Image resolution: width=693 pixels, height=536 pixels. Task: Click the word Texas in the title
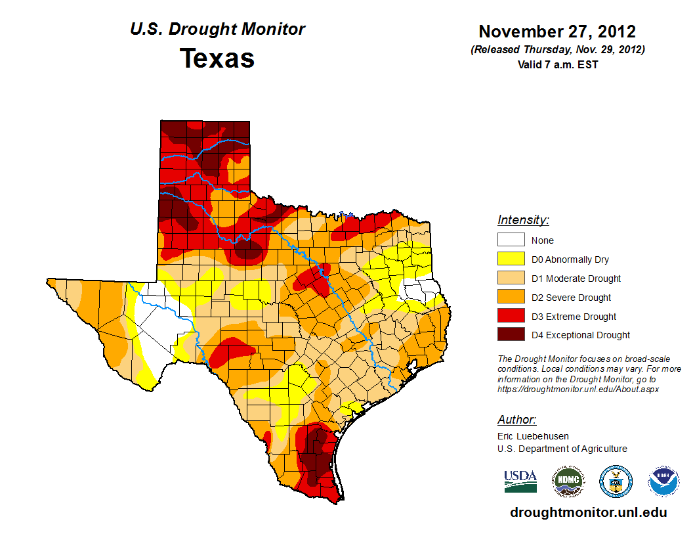coord(217,58)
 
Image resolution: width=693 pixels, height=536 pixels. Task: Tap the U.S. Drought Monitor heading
coord(217,30)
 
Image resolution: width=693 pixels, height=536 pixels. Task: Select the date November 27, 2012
coord(557,32)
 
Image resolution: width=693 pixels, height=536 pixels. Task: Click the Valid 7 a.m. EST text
coord(557,64)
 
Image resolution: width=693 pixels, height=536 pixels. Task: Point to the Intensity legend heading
coord(523,220)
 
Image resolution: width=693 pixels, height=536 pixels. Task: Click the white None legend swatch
coord(511,240)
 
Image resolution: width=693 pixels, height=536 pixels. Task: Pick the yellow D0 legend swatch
coord(511,259)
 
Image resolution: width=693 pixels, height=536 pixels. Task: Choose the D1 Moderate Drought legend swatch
coord(511,279)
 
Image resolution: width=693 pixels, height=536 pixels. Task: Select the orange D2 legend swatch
coord(511,298)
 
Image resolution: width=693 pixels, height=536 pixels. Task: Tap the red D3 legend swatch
coord(511,317)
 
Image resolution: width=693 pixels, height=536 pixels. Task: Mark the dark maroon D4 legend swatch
coord(511,335)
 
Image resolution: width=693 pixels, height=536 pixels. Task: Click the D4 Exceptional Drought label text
coord(581,335)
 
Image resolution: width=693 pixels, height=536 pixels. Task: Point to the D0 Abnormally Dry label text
coord(570,259)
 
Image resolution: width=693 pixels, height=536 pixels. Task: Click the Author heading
coord(516,420)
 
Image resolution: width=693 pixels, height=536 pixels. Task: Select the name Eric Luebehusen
coord(533,436)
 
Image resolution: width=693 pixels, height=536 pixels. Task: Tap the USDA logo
coord(520,481)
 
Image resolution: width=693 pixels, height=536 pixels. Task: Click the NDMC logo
coord(568,481)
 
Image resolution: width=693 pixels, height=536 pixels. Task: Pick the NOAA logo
coord(663,481)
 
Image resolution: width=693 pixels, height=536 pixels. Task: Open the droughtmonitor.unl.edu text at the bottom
coord(588,512)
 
